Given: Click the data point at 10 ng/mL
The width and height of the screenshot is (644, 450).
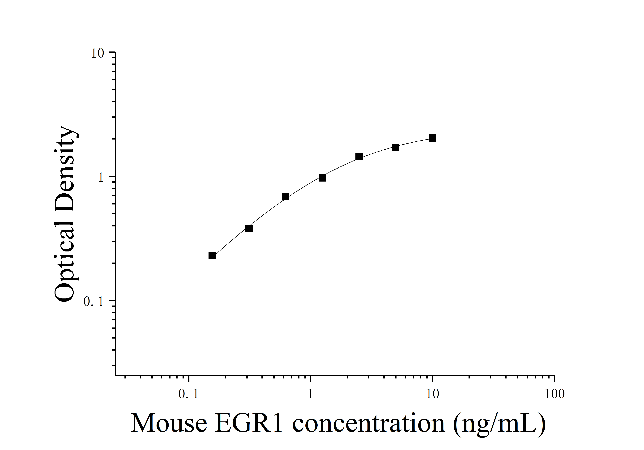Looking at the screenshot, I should [x=432, y=138].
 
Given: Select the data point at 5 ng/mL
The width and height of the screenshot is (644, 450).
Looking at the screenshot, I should [x=396, y=147].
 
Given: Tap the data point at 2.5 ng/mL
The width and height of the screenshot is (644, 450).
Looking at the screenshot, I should [x=359, y=157].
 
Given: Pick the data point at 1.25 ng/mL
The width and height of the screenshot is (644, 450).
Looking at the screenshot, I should [x=322, y=178].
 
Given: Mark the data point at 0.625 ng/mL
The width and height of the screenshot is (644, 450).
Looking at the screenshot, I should [x=286, y=196].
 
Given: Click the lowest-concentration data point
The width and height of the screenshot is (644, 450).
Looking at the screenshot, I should [x=212, y=256].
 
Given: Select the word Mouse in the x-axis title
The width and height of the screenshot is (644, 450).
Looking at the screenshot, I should [x=169, y=423].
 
